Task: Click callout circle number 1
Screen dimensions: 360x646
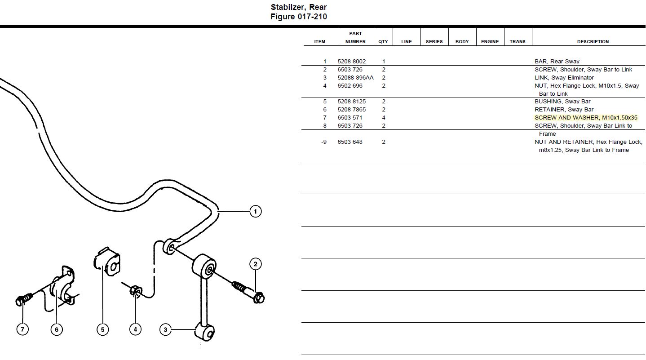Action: (x=255, y=211)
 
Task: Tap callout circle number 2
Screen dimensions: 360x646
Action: (x=255, y=264)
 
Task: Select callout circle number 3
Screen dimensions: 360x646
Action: (x=165, y=330)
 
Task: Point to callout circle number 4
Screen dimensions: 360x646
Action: (x=135, y=329)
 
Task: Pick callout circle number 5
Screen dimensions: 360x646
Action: (x=102, y=329)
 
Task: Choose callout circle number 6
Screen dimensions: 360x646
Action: (x=57, y=329)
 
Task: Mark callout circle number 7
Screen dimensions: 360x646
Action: (x=22, y=329)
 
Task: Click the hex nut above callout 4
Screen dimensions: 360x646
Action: (x=135, y=291)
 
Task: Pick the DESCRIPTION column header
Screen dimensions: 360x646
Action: (x=593, y=41)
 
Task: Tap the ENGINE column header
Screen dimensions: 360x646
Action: (x=490, y=41)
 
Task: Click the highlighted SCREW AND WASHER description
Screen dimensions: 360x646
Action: (x=586, y=118)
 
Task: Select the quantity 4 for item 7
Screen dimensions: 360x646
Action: (x=383, y=118)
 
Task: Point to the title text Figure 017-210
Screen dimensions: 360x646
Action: (x=298, y=17)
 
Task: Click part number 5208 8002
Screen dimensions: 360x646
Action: (x=351, y=62)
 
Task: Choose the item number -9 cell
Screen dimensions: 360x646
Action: (x=323, y=142)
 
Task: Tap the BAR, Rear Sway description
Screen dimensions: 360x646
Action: (x=557, y=62)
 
